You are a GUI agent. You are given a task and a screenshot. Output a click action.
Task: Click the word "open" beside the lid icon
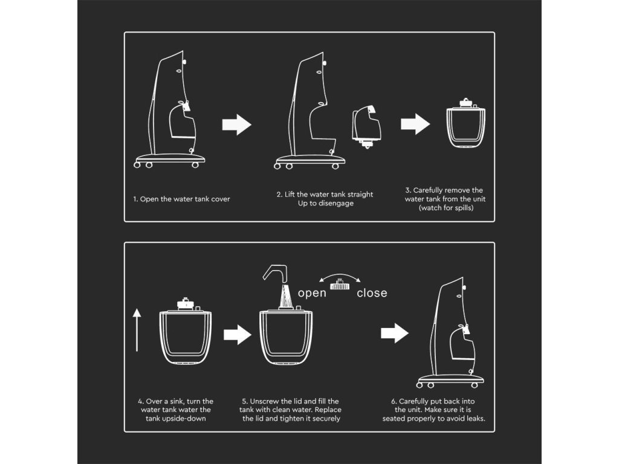[x=312, y=294]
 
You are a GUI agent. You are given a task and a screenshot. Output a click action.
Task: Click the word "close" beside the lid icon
[x=372, y=293]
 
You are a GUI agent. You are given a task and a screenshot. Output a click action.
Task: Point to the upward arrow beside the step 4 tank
[x=137, y=330]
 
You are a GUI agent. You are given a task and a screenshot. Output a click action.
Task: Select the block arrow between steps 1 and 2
[x=237, y=124]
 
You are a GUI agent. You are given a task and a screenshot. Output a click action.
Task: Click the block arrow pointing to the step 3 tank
[x=415, y=124]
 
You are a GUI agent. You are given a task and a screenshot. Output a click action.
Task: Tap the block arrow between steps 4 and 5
[x=238, y=335]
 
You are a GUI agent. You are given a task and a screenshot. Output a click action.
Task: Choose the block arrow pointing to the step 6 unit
[x=395, y=333]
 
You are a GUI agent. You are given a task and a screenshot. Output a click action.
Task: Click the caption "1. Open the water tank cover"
[x=181, y=199]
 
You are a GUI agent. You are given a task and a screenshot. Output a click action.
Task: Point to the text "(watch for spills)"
[x=446, y=208]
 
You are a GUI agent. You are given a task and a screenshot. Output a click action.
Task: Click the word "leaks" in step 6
[x=475, y=419]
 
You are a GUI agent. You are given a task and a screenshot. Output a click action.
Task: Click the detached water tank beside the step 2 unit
[x=367, y=126]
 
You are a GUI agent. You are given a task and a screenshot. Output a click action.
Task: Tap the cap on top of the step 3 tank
[x=466, y=103]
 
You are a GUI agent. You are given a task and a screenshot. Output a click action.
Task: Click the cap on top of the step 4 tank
[x=185, y=304]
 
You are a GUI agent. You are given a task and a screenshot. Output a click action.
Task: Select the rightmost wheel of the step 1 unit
[x=195, y=165]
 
